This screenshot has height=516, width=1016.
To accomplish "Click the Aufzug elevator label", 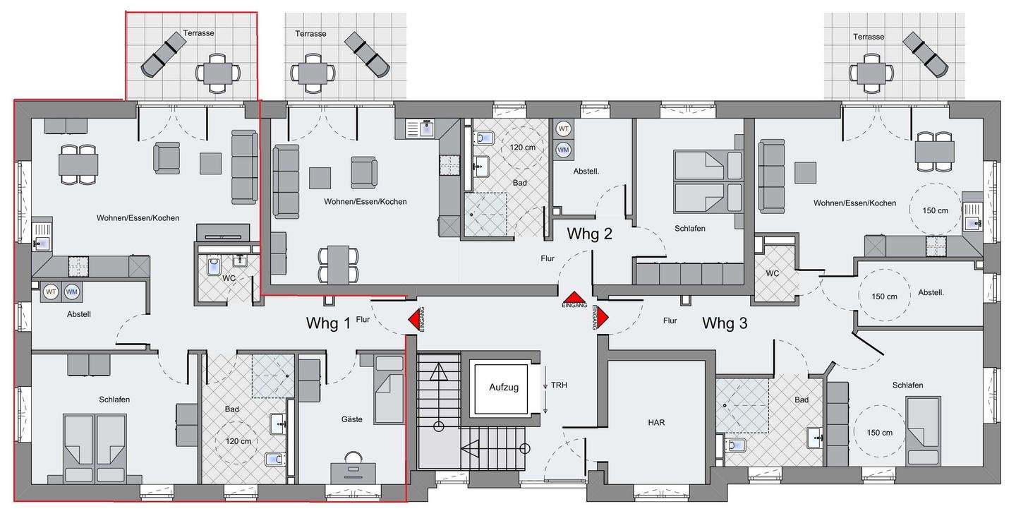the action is (x=504, y=387).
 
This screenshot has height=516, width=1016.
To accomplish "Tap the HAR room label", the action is (x=656, y=423).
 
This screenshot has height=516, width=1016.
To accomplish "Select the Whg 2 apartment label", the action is (x=589, y=234).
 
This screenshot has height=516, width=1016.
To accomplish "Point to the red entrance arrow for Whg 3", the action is (x=601, y=317).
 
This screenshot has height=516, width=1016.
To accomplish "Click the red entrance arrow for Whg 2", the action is (x=574, y=297).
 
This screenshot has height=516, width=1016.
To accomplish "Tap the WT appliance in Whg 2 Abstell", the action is (x=563, y=129).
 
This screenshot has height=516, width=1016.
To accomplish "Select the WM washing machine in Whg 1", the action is (x=71, y=292).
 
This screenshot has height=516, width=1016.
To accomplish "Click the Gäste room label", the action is (x=351, y=419).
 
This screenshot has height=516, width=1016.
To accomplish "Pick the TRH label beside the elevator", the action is (x=559, y=385).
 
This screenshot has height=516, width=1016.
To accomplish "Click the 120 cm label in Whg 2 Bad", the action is (x=523, y=148).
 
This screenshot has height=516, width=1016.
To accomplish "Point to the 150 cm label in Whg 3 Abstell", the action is (x=884, y=296).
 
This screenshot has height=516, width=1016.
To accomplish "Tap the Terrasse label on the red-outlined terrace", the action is (x=198, y=33).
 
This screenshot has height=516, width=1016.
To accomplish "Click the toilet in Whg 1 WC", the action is (x=214, y=265).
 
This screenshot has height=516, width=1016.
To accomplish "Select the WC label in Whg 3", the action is (x=772, y=274).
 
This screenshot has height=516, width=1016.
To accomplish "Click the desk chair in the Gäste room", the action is (x=353, y=457).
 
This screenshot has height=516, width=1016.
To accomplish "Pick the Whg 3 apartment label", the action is (x=725, y=323).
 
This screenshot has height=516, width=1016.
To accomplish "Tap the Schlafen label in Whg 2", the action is (x=689, y=228).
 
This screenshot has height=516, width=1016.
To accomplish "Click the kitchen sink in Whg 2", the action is (x=427, y=128).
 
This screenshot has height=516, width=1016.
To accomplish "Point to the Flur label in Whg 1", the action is (x=363, y=320).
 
